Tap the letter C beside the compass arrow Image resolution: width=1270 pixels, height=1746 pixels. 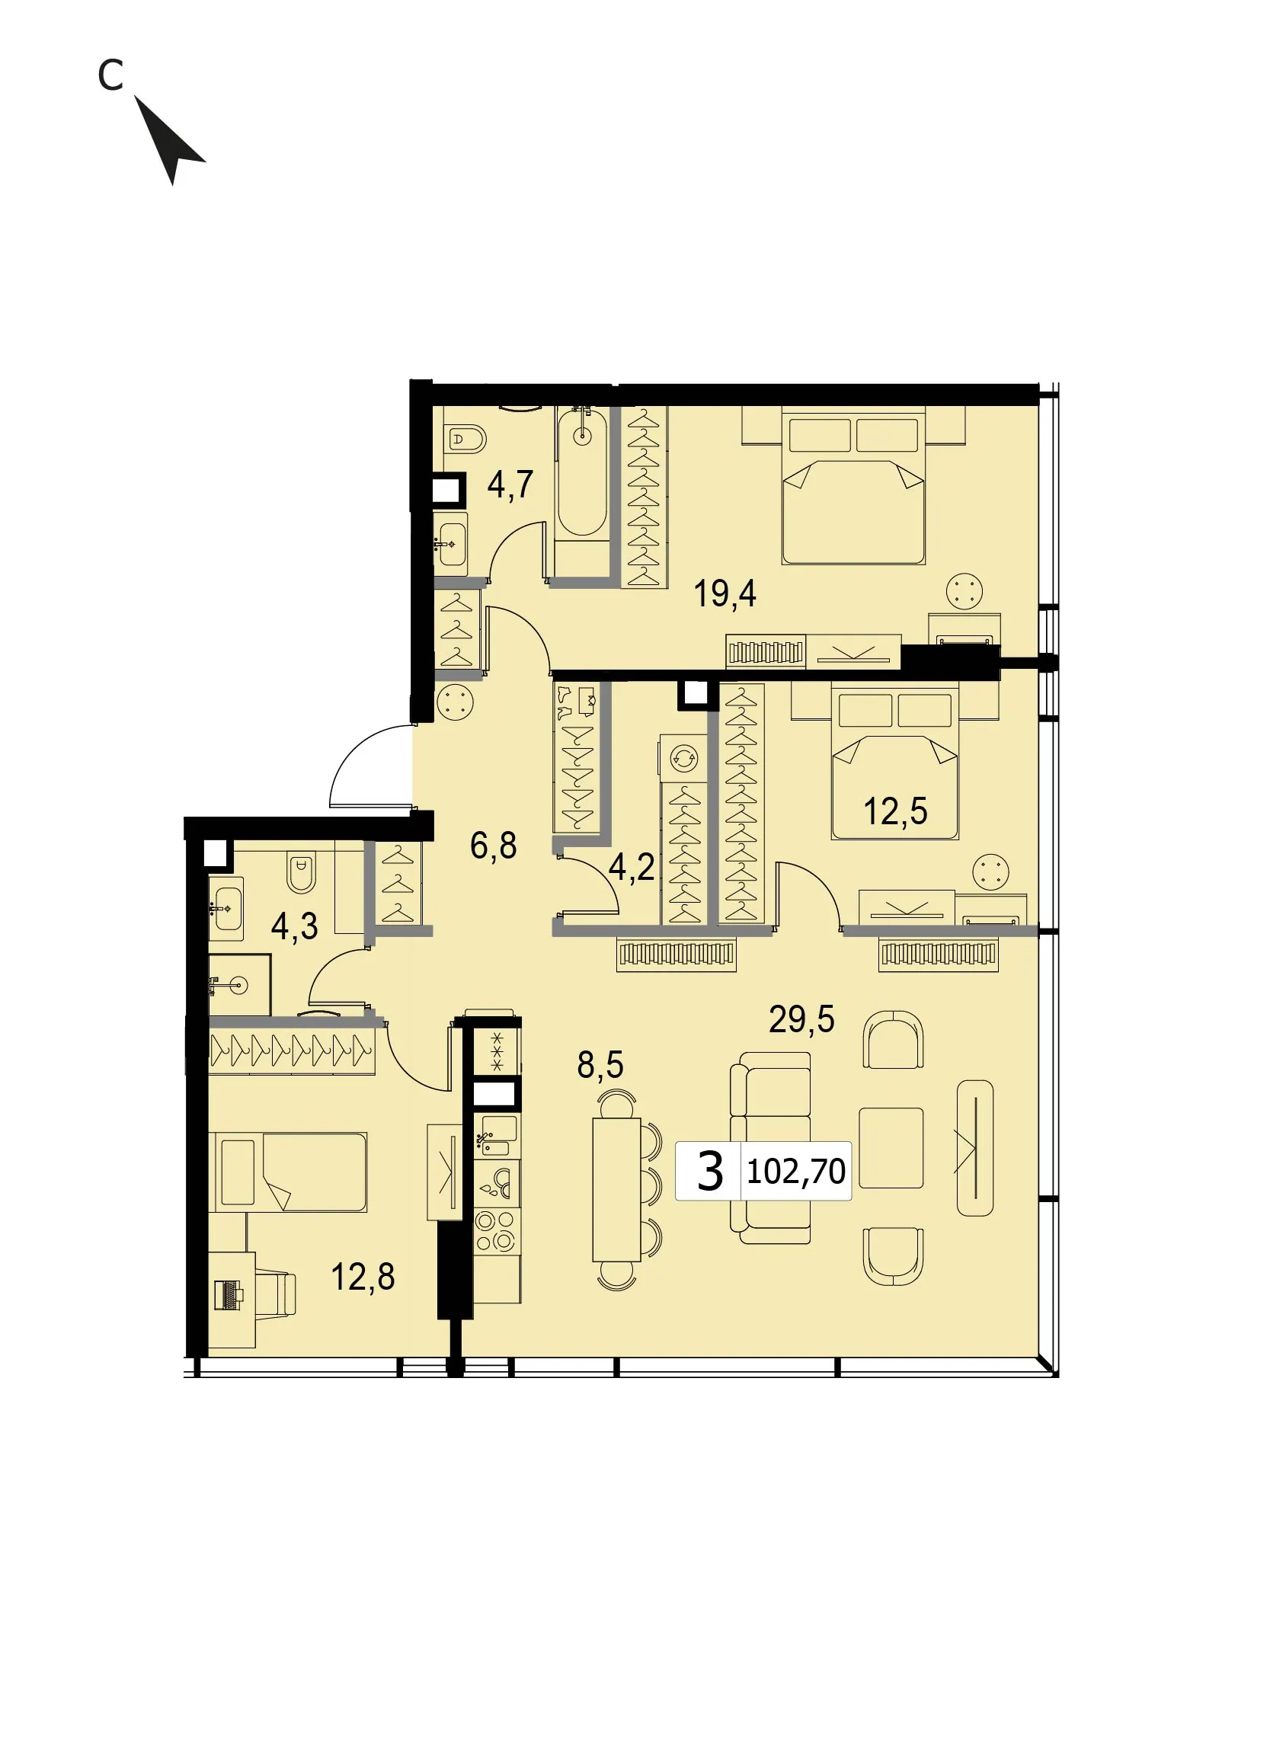[110, 75]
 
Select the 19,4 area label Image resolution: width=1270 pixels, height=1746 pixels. [725, 593]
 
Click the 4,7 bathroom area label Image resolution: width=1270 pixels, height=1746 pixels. [510, 485]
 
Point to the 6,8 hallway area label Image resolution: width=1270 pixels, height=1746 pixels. [494, 846]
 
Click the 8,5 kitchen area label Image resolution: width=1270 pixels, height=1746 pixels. [600, 1065]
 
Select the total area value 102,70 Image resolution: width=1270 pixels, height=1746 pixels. [796, 1171]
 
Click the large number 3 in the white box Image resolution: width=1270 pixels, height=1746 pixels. [709, 1171]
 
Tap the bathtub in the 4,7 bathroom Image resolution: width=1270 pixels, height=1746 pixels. [583, 472]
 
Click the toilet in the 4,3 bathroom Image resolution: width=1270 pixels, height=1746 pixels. [302, 871]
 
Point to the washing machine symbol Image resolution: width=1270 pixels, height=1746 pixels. [683, 759]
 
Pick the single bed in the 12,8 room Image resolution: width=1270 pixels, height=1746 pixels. [288, 1172]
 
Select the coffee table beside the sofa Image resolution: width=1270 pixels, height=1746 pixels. [891, 1148]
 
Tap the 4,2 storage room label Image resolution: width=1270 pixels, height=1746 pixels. [631, 868]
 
